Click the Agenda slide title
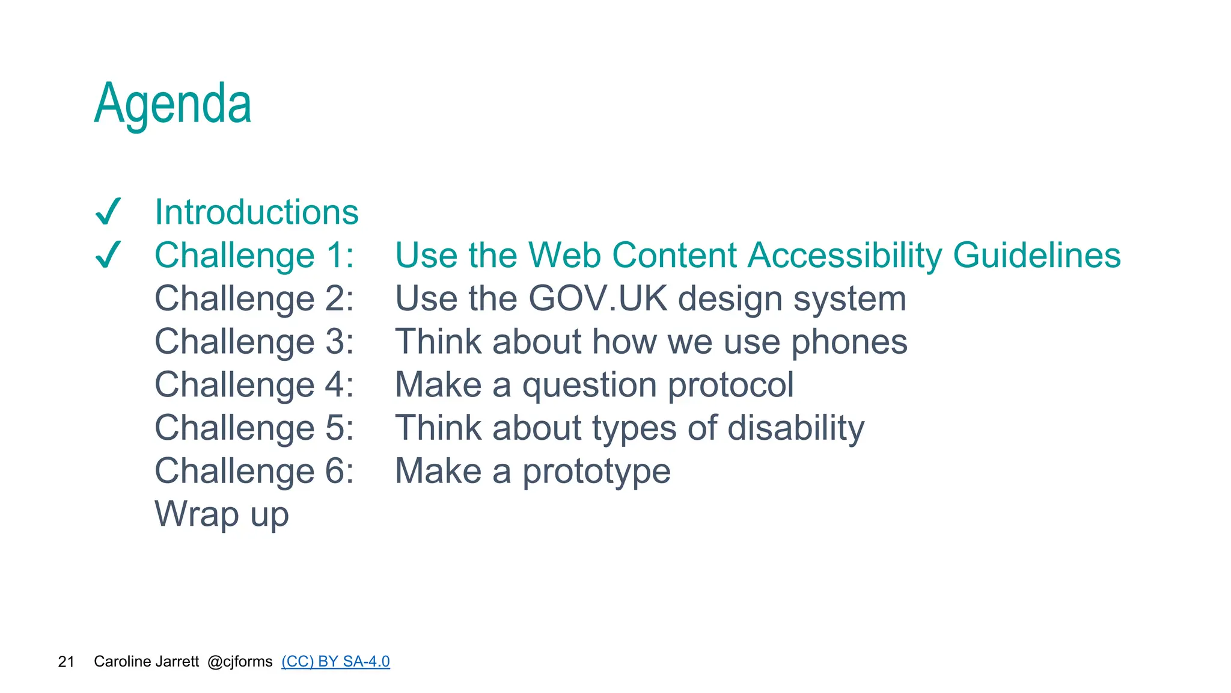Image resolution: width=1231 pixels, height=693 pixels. (x=173, y=105)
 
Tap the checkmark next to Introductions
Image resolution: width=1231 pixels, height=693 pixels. (x=109, y=212)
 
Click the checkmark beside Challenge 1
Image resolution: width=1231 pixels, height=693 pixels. (x=109, y=255)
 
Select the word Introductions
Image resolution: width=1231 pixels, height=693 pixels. (x=257, y=212)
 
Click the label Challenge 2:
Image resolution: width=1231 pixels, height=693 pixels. (x=254, y=298)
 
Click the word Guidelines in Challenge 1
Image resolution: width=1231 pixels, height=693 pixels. (x=1037, y=255)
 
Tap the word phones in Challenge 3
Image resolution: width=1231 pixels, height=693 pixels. (x=849, y=342)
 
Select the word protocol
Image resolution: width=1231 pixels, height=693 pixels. (x=731, y=385)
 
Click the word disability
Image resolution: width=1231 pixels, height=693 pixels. (x=796, y=428)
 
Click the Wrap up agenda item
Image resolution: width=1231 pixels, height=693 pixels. (x=222, y=514)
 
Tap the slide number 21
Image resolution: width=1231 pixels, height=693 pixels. (x=66, y=662)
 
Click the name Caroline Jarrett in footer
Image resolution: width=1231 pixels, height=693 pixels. (x=146, y=662)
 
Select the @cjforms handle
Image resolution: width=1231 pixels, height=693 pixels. (x=240, y=662)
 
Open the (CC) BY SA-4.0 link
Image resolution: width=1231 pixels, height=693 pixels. (x=335, y=662)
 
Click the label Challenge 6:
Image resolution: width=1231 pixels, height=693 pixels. (x=254, y=471)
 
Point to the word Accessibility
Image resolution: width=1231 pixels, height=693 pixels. (x=845, y=255)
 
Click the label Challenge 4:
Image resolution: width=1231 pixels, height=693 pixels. (x=254, y=385)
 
